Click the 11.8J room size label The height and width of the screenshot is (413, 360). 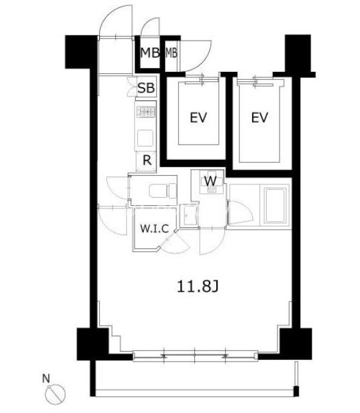point(198,286)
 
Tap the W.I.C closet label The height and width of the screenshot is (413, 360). point(154,228)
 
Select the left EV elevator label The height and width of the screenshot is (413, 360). point(198,117)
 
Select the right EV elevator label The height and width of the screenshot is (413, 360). point(260,117)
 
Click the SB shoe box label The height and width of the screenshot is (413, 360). point(146,88)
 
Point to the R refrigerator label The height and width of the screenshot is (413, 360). point(147,160)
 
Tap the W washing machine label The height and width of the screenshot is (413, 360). point(210,181)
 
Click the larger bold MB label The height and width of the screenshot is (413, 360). point(150,53)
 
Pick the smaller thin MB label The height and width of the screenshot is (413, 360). point(171,53)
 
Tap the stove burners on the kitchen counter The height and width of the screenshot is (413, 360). point(146,112)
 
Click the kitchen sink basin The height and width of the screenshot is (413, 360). point(145,138)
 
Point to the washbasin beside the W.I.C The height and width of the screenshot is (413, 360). point(189,215)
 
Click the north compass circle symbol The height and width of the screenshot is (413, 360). point(55,394)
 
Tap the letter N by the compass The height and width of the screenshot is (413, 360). point(46,379)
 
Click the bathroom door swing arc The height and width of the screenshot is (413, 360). point(241,212)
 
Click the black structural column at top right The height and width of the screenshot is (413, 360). point(298,54)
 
